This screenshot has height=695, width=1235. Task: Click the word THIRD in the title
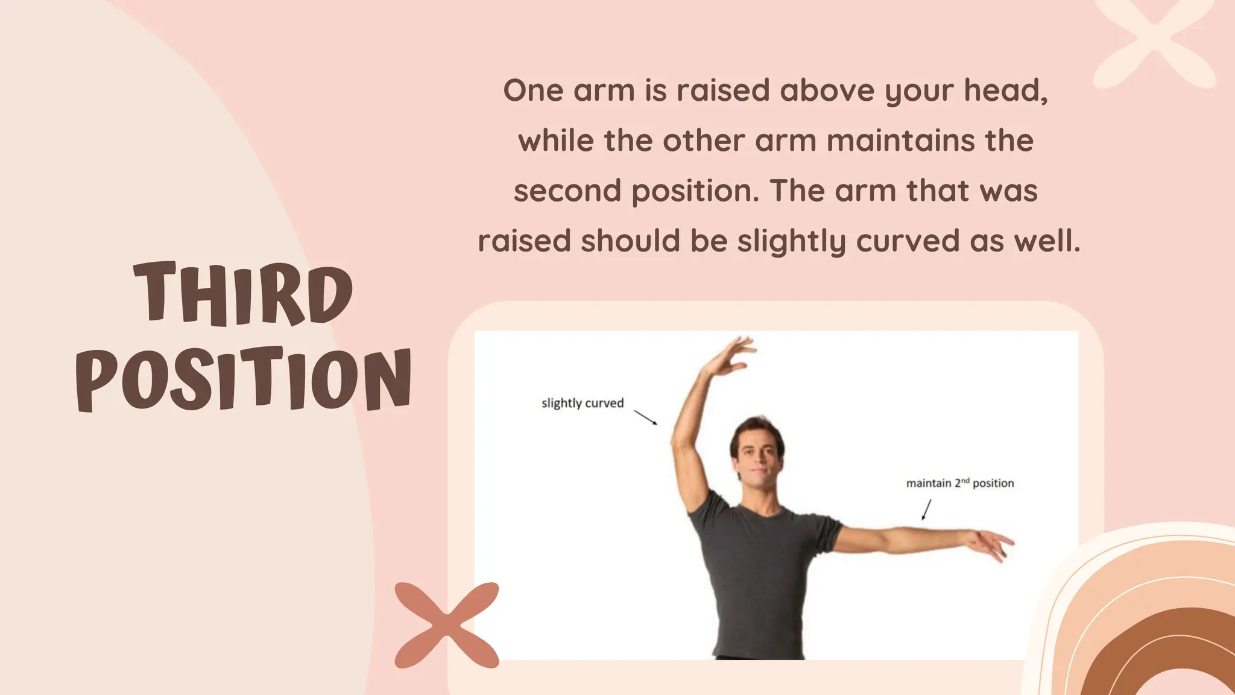243,294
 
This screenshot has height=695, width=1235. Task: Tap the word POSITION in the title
244,379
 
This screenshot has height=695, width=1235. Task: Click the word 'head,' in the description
1005,91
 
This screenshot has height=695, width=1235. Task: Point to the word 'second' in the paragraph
567,191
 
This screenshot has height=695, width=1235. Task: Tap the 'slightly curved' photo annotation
582,403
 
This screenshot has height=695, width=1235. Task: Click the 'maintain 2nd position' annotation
959,483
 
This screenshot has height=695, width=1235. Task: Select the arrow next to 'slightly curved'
645,417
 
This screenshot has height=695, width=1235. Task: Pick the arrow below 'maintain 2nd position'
926,510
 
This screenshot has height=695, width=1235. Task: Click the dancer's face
757,454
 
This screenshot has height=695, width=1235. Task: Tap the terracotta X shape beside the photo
447,625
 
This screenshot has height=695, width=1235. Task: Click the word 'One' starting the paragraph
533,91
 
